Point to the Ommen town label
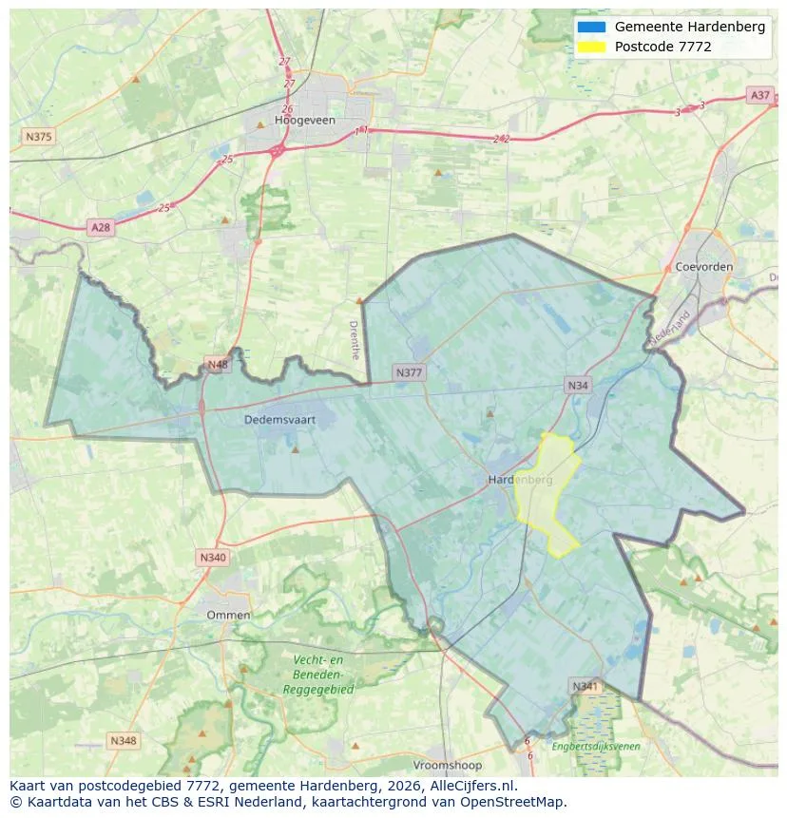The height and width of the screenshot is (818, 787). click(x=228, y=615)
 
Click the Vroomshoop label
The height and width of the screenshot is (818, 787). click(x=447, y=765)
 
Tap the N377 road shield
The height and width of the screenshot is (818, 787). click(x=409, y=372)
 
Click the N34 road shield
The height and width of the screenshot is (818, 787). click(x=577, y=385)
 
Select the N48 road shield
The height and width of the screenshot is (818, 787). click(x=218, y=364)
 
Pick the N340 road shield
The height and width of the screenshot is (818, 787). click(x=213, y=558)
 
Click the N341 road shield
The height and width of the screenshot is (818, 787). click(x=585, y=686)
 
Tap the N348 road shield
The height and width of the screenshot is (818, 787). click(x=124, y=740)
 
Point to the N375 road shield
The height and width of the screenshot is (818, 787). click(x=39, y=137)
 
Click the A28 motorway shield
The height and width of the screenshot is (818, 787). click(x=100, y=227)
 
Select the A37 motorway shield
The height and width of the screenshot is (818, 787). click(x=759, y=95)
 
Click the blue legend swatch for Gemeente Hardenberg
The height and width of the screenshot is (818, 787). click(x=590, y=27)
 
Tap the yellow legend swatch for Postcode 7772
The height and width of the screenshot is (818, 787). click(x=590, y=47)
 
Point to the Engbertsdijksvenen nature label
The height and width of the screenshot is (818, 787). click(x=596, y=747)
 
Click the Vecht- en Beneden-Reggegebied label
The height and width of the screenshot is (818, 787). click(x=317, y=675)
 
